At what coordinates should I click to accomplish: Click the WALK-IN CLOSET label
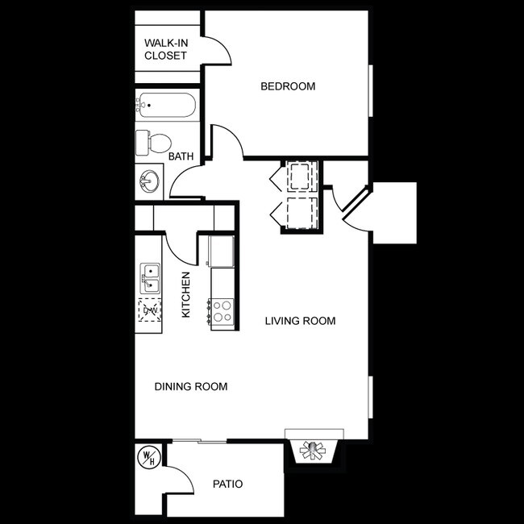click(165, 49)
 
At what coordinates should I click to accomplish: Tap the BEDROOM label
click(288, 86)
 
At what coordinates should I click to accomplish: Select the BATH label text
click(181, 158)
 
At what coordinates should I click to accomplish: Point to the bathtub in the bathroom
click(165, 106)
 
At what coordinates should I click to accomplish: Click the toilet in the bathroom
click(152, 143)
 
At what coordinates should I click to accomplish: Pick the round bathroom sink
click(149, 180)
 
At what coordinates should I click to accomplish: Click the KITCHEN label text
click(186, 295)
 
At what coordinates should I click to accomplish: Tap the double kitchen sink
click(150, 278)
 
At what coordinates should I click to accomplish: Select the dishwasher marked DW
click(150, 308)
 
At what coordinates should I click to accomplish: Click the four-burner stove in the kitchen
click(222, 312)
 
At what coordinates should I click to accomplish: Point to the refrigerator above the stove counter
click(222, 251)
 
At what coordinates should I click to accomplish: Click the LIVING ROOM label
click(301, 321)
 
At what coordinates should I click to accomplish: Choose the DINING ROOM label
click(190, 387)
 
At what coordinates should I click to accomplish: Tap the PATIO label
click(228, 484)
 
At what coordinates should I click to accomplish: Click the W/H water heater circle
click(148, 457)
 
